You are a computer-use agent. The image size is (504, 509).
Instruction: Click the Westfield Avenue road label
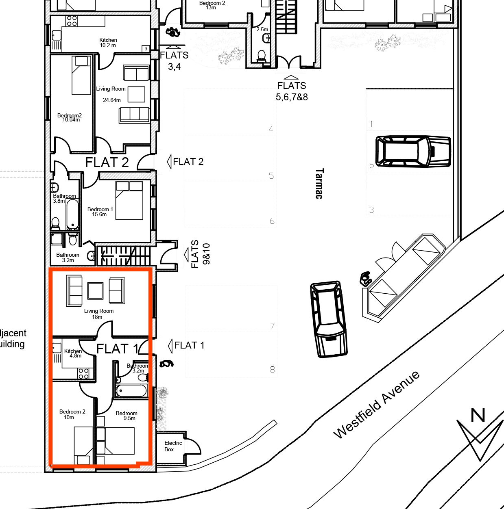tap(376, 405)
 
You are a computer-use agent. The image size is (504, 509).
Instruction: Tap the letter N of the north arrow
tap(478, 415)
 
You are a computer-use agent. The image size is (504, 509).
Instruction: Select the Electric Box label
tap(173, 446)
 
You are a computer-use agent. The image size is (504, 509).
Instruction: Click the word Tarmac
tap(319, 184)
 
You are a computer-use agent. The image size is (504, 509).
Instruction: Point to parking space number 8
tap(272, 370)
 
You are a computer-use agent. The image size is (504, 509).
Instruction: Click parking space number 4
tap(271, 129)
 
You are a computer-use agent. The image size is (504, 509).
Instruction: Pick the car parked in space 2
tap(413, 151)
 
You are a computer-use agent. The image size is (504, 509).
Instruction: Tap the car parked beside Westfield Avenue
tap(329, 319)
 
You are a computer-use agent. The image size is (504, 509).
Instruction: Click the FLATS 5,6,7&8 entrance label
tap(292, 91)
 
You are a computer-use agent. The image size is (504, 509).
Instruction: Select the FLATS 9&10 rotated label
tap(201, 254)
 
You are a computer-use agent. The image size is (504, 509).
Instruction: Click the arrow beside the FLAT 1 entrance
tap(170, 346)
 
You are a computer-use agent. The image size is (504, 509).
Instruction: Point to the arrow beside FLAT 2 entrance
tap(169, 162)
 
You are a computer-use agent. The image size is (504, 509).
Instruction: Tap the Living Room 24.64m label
tap(111, 94)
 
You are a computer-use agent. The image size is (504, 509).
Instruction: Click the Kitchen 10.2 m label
tap(108, 43)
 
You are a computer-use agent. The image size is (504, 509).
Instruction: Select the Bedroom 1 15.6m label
tap(100, 212)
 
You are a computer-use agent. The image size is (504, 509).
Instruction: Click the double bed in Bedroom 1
tap(129, 200)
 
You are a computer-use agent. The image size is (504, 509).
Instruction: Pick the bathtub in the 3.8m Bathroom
tap(72, 214)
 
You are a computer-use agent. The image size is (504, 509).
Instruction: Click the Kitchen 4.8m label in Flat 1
tap(73, 353)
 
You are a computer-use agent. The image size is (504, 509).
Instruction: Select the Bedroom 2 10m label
tap(72, 414)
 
